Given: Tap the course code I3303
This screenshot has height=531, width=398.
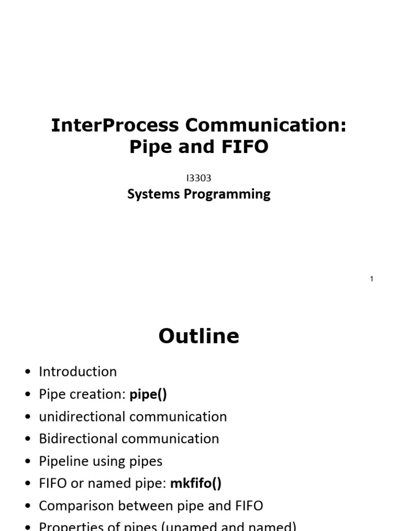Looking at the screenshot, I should point(198,178).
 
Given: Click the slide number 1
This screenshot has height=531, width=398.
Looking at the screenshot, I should point(372,280).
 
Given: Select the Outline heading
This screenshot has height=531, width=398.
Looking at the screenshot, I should point(199,337).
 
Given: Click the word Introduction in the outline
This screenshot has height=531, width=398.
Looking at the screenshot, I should point(78,372).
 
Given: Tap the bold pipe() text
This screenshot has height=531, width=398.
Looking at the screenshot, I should point(148,394).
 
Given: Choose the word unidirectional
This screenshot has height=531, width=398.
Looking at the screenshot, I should point(82,416).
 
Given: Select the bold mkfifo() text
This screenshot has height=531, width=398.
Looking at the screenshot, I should point(195,483).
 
